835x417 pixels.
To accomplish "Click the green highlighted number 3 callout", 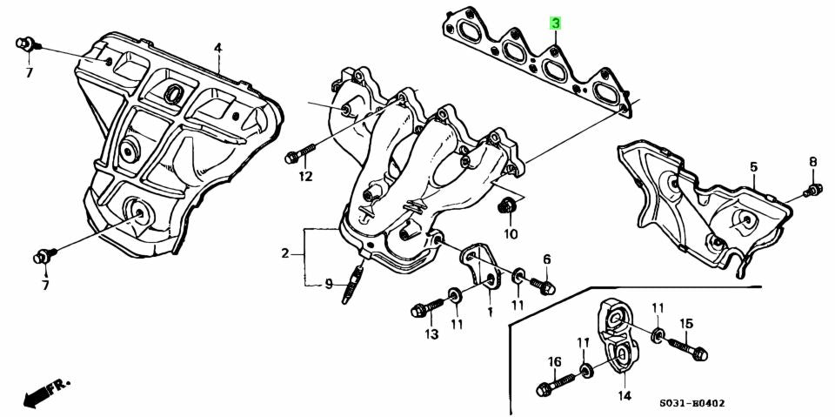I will [554, 24].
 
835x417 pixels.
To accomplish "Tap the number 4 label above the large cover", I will [217, 47].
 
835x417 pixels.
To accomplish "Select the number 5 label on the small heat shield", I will [753, 166].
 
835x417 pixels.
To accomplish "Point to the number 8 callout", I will [812, 161].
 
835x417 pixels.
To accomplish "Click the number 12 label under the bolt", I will [304, 178].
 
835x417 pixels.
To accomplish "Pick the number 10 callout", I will [510, 233].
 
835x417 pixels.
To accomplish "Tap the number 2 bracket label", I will [284, 254].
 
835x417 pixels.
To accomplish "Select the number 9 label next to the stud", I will [329, 284].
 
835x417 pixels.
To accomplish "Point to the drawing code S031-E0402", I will [691, 403].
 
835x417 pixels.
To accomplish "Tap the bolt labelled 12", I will [301, 156].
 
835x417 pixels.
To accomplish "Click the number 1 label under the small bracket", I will [490, 311].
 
